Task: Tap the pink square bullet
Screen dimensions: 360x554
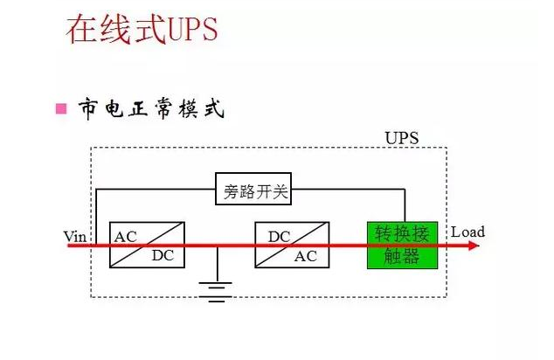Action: pos(61,109)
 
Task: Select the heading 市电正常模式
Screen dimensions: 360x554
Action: pos(150,109)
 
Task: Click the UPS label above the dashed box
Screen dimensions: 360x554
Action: pos(402,138)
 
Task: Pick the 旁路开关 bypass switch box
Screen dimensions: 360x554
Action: pos(253,190)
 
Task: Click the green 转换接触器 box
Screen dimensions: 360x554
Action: pos(402,245)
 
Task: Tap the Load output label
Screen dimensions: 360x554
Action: pos(467,232)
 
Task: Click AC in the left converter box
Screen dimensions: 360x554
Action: pos(126,236)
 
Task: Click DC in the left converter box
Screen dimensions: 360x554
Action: pos(163,256)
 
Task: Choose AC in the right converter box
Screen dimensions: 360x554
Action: pos(306,256)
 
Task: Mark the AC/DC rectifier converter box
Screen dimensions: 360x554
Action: pos(146,245)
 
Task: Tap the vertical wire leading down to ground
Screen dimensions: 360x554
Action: pos(217,264)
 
